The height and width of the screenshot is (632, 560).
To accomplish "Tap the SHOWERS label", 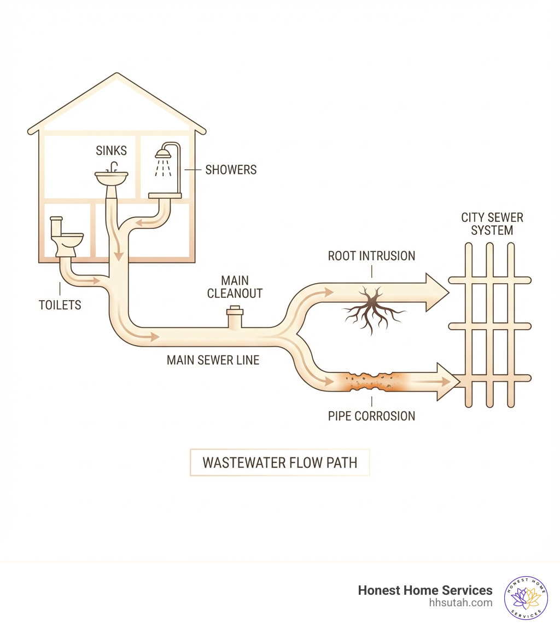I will coord(231,170).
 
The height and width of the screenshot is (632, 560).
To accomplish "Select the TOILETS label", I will coord(60,305).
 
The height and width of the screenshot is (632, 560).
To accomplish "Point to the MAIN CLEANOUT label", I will coord(235,286).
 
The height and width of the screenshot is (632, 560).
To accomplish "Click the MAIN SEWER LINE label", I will coord(213,360).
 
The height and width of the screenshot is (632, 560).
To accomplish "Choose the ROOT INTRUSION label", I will coord(371,256).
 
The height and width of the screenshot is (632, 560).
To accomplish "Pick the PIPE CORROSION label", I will coord(371,416).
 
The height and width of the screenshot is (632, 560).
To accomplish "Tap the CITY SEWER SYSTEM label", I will coord(492,224).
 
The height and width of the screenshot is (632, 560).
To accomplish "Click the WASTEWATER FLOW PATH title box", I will coord(279,462).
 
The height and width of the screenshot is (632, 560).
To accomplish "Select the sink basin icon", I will coord(112,177).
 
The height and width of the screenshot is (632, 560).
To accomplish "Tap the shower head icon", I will coord(163,153).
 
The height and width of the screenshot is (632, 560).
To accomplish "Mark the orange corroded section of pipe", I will coord(372,381).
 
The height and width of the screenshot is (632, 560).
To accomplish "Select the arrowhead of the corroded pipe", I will coord(447,382).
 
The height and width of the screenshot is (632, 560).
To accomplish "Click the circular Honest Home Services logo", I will coord(526,597).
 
